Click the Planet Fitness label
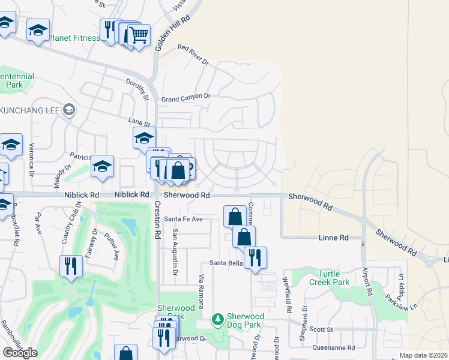coord(74,38)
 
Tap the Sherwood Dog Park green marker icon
coord(218,320)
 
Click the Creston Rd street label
coord(157,220)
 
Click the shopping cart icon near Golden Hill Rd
coord(139,35)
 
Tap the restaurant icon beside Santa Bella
coord(255,257)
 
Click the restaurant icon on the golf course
coord(71,266)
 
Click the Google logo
coord(20,353)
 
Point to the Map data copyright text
coord(423,355)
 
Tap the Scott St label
coord(321,329)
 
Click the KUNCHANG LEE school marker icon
coord(70,109)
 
